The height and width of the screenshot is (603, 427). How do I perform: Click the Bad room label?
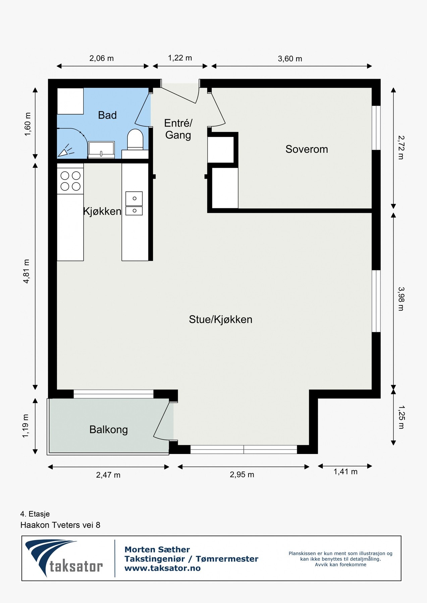click(107, 115)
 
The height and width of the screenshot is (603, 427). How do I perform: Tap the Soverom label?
click(307, 149)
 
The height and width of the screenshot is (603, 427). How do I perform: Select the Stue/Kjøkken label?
click(220, 319)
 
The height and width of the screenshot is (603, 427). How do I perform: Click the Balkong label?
click(108, 429)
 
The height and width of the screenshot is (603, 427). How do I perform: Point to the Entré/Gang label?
click(178, 129)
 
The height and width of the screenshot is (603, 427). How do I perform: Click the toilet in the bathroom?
click(135, 139)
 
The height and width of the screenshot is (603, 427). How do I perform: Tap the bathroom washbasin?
click(101, 149)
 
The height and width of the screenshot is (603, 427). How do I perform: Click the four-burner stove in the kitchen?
click(70, 181)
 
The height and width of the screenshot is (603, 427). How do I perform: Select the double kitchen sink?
click(134, 203)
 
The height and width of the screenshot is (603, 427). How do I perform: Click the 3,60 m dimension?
click(290, 59)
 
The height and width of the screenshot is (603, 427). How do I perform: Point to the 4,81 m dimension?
click(26, 271)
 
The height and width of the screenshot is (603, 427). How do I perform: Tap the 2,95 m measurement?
click(242, 475)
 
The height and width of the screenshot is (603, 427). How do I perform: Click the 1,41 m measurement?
click(345, 472)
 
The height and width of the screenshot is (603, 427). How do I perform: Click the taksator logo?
click(64, 558)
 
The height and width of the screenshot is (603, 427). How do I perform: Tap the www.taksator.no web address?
click(162, 568)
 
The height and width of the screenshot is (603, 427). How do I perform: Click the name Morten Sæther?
click(157, 549)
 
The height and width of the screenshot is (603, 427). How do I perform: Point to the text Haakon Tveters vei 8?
click(60, 525)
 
